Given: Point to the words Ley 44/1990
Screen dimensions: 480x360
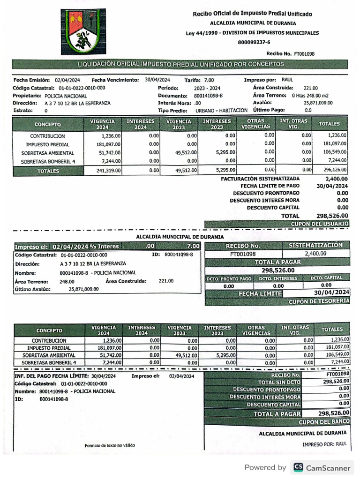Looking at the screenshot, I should coord(202,33).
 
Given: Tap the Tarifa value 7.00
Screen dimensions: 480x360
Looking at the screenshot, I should coord(209,80).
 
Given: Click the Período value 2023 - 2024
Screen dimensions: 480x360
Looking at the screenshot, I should coord(207,88).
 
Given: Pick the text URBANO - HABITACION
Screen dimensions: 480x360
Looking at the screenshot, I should coord(221,110).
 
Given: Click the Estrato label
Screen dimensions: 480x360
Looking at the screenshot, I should coord(23,111).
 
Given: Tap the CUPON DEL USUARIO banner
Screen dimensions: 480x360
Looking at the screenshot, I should coord(320,224).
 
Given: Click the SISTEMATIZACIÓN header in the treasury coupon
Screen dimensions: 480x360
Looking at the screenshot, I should coord(315,245).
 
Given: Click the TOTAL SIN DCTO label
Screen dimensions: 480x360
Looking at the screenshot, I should coord(279,382).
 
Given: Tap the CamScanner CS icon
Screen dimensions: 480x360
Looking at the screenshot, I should coord(298,467).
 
